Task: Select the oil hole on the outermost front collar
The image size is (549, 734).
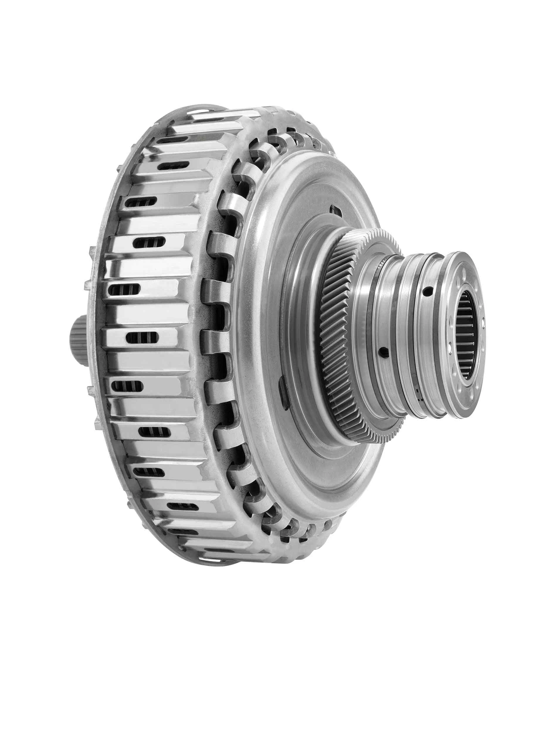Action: (428, 292)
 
